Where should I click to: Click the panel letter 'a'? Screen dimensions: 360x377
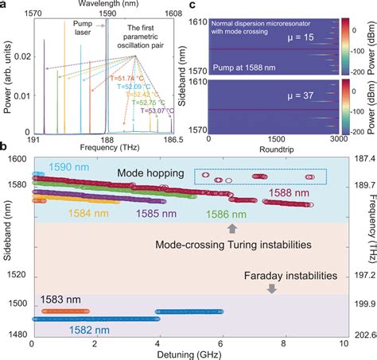pyautogui.click(x=5, y=6)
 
